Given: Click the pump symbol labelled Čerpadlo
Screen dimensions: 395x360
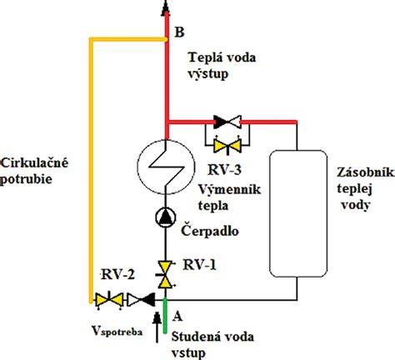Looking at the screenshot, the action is (166, 217).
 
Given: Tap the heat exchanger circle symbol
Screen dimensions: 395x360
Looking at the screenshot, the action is (166, 167).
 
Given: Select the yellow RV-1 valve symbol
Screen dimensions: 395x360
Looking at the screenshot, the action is (165, 275).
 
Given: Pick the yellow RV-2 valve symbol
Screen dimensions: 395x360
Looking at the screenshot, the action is (109, 300).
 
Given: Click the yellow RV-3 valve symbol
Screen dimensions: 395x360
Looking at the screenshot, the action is (227, 145).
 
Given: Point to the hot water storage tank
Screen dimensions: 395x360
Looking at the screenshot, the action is (298, 213).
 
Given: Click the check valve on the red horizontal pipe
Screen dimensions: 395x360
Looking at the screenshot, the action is (227, 122).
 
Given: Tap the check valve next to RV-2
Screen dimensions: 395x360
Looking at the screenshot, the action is (141, 300).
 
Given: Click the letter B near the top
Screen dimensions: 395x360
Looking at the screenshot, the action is (179, 32).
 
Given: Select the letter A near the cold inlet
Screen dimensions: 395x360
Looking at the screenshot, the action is (177, 316).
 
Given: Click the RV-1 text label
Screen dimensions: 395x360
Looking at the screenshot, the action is (199, 265).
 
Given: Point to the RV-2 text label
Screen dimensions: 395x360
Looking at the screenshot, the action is (117, 275).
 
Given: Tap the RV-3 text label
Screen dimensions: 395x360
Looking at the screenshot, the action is (224, 169).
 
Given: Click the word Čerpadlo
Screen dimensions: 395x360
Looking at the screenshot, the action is (210, 230).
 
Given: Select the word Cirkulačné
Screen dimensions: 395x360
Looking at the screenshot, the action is (34, 162).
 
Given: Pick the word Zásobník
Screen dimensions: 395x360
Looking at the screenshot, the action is (366, 172).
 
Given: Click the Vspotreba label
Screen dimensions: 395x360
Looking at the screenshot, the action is (117, 331).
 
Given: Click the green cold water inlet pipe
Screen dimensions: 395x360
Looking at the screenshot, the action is (165, 315).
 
